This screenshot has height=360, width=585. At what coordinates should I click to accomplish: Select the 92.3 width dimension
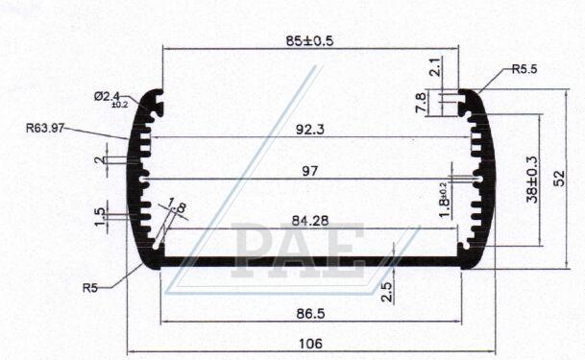coord(310,127)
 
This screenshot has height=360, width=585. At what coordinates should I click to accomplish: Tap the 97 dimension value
coord(309,171)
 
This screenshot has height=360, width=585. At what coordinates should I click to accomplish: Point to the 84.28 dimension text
coord(310,220)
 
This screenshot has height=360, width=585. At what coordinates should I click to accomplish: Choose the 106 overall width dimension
coord(310,344)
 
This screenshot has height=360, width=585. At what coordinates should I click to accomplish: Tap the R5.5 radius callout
coord(524,69)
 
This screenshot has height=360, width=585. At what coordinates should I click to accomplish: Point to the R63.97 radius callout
coord(45,128)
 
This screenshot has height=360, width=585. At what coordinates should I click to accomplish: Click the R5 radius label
coord(90,286)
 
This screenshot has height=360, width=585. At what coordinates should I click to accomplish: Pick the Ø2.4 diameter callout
coord(108,97)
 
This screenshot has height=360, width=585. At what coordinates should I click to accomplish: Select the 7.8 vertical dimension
coord(421,103)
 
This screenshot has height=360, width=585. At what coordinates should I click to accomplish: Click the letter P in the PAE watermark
coord(253,252)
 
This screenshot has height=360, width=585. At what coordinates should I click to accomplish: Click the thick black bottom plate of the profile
coord(310,260)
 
